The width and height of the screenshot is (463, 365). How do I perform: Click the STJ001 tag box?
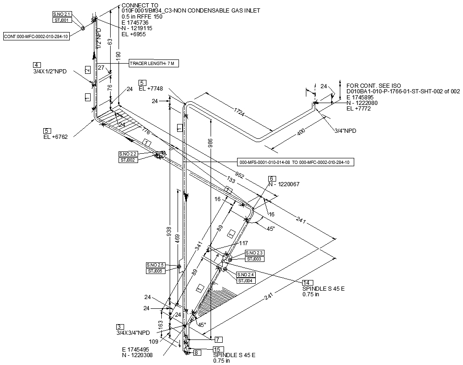[x=61, y=20]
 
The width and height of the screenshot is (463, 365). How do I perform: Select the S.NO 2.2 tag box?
[x=127, y=154]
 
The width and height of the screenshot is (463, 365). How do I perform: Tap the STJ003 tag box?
[x=255, y=259]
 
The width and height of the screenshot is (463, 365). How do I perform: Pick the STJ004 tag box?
[x=246, y=280]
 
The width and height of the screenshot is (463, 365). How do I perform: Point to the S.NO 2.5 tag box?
[x=155, y=265]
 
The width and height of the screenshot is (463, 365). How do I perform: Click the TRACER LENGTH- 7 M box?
[x=153, y=63]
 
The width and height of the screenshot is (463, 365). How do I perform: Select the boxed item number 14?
[x=306, y=282]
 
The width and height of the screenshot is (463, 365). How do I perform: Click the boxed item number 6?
[x=272, y=178]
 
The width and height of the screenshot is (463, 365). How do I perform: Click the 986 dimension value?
[x=210, y=142]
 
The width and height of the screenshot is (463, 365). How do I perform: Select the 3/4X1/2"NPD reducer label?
[x=50, y=72]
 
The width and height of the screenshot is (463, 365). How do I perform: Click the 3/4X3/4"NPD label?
[x=133, y=333]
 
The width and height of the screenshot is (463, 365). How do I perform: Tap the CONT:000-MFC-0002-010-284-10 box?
[x=36, y=36]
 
